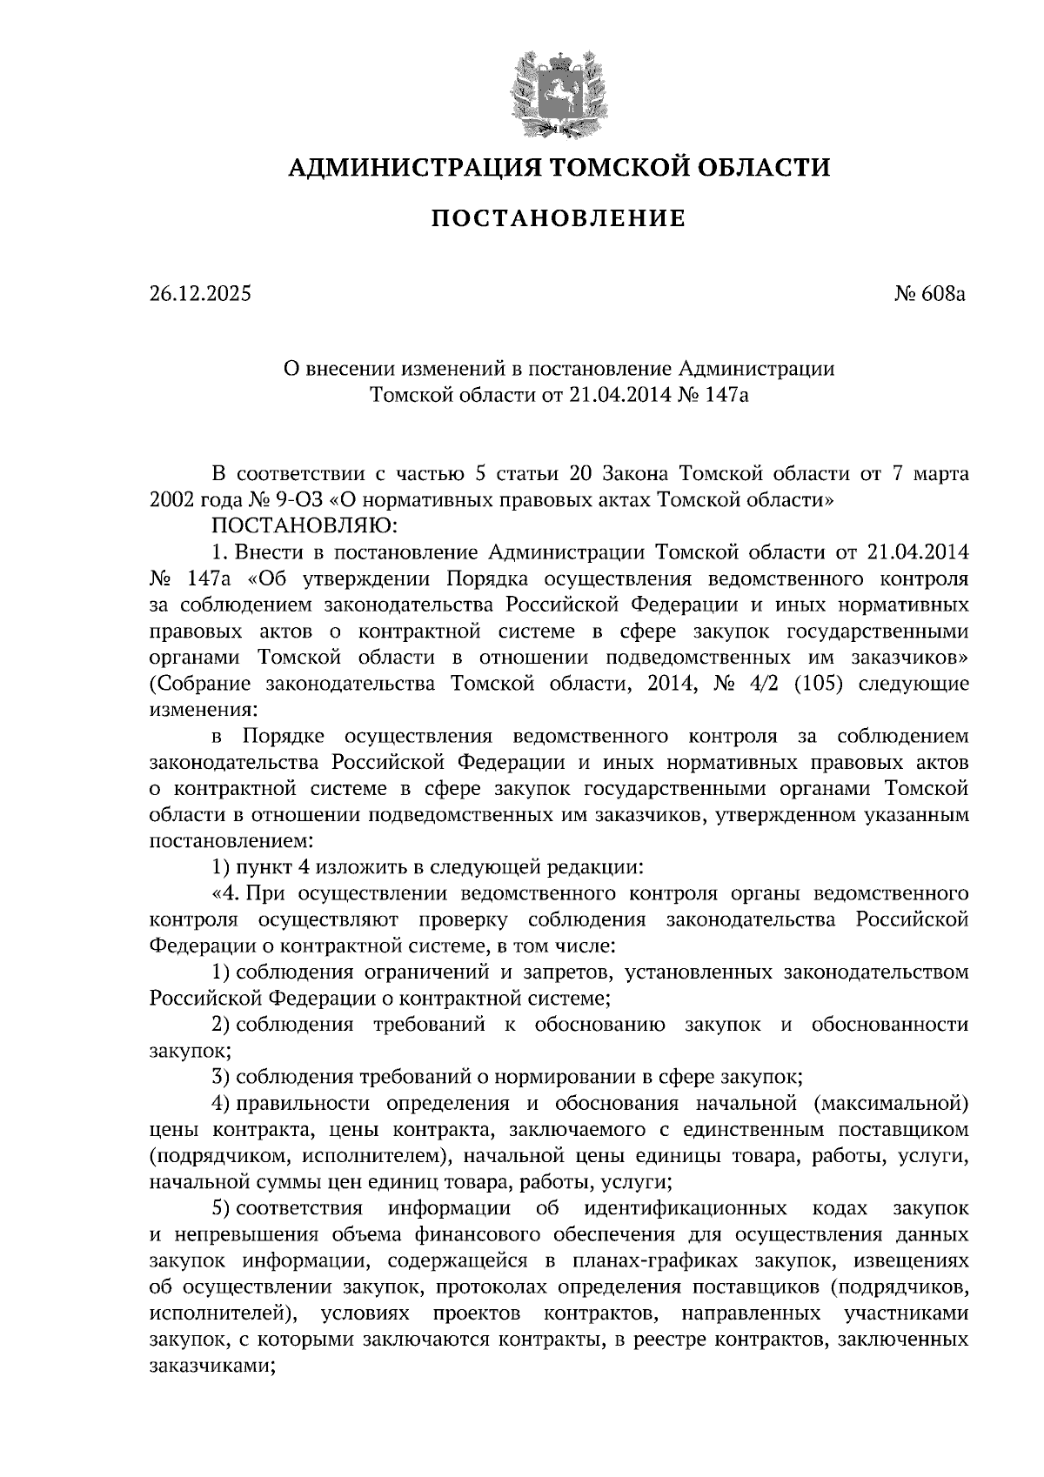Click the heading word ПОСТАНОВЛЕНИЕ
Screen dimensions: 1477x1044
[x=558, y=217]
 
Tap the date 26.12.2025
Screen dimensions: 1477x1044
[x=200, y=294]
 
